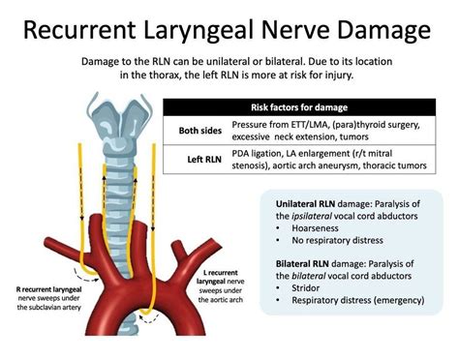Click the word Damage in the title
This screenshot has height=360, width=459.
[x=383, y=31]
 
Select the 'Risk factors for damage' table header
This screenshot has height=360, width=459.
[x=299, y=107]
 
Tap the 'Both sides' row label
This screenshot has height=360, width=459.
[x=200, y=131]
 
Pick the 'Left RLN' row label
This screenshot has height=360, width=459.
[x=204, y=160]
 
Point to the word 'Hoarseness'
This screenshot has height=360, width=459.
[x=315, y=228]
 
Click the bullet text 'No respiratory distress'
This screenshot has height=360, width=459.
[x=337, y=240]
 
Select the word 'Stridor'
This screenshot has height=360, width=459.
[x=305, y=288]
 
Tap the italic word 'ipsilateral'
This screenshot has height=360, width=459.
[x=312, y=217]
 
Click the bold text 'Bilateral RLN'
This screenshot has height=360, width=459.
[x=302, y=264]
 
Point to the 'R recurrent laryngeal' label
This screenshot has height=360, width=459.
[x=49, y=289]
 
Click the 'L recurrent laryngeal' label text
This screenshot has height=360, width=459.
[x=221, y=277]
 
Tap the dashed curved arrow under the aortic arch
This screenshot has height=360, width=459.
[x=149, y=318]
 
